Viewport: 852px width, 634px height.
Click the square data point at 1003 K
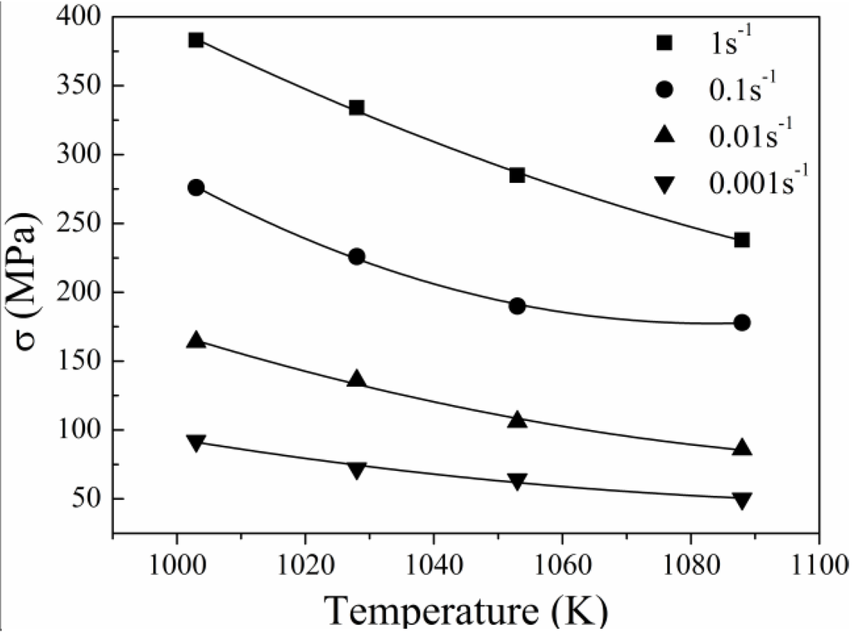pyautogui.click(x=196, y=40)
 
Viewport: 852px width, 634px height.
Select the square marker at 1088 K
pyautogui.click(x=742, y=240)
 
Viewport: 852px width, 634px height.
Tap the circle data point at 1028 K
pyautogui.click(x=356, y=256)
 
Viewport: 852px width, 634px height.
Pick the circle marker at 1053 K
pyautogui.click(x=517, y=305)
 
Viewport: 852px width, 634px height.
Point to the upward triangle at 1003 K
pyautogui.click(x=196, y=340)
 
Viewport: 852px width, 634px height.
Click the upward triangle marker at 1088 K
pyautogui.click(x=742, y=448)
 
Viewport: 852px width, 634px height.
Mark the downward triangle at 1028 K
pyautogui.click(x=356, y=471)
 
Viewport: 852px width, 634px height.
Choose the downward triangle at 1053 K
pyautogui.click(x=517, y=482)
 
